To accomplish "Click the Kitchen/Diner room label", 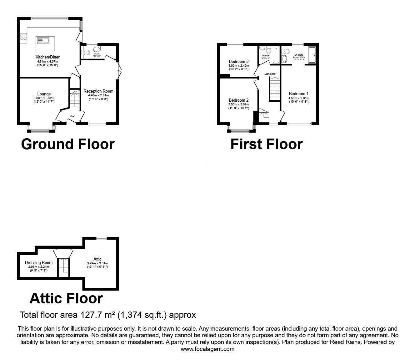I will [x=47, y=57].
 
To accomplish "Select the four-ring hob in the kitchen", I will [x=23, y=37].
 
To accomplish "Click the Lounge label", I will [x=44, y=94].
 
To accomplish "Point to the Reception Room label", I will [x=98, y=91].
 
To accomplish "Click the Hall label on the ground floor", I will [x=72, y=116].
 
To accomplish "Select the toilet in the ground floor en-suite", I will [x=97, y=49].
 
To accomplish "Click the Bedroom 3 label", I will [x=239, y=61].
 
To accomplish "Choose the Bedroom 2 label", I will [x=239, y=100].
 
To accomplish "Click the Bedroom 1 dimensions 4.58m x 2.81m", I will [x=298, y=98].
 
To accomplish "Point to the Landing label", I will [x=270, y=74].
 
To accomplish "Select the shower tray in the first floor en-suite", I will [x=312, y=55].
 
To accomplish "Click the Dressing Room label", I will [x=39, y=262].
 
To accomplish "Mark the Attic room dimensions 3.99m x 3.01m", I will [x=97, y=263].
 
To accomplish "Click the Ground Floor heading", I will [x=68, y=144].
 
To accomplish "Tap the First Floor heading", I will [x=266, y=144].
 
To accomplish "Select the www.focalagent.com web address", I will [x=207, y=349].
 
